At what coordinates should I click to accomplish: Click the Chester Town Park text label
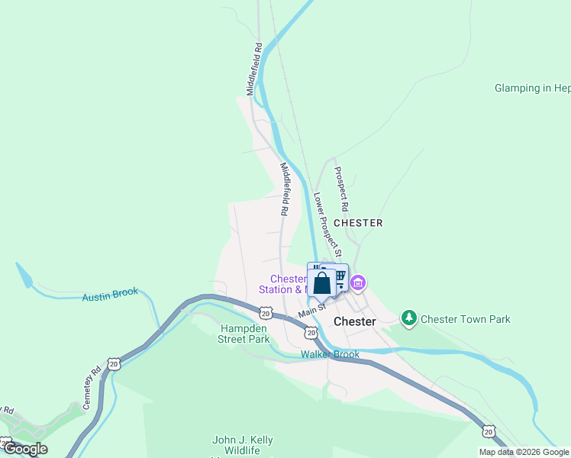click(466, 319)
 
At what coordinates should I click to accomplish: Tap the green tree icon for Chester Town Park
click(409, 317)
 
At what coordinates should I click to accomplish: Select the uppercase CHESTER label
click(358, 223)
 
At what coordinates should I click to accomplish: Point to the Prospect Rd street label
click(342, 189)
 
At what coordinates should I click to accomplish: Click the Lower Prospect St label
click(327, 224)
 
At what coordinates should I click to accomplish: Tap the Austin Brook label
click(110, 294)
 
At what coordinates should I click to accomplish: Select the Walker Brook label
click(330, 354)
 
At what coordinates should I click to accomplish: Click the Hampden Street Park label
click(245, 334)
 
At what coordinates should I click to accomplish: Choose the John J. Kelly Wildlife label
click(242, 446)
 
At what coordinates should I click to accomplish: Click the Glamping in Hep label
click(532, 88)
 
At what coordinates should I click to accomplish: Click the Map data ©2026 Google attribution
click(524, 452)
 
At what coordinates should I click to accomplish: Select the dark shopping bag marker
click(322, 283)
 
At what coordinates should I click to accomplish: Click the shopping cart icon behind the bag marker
click(340, 276)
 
